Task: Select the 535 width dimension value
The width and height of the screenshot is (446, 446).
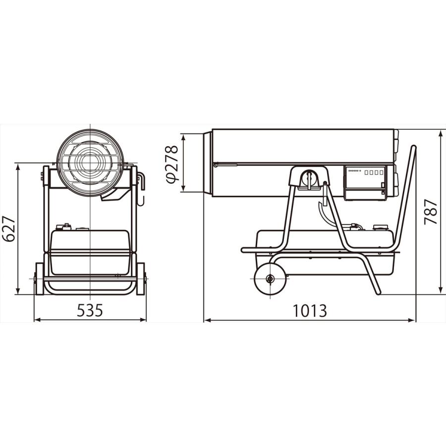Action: [x=90, y=310]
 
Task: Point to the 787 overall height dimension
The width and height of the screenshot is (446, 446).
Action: [x=430, y=212]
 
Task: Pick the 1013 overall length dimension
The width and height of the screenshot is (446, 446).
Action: [x=310, y=311]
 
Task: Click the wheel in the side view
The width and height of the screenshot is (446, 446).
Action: [x=270, y=279]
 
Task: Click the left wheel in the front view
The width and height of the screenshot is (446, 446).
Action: [x=39, y=279]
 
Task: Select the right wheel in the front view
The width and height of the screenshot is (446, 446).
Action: [x=141, y=279]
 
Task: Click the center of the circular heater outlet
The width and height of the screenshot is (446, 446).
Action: [x=90, y=163]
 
